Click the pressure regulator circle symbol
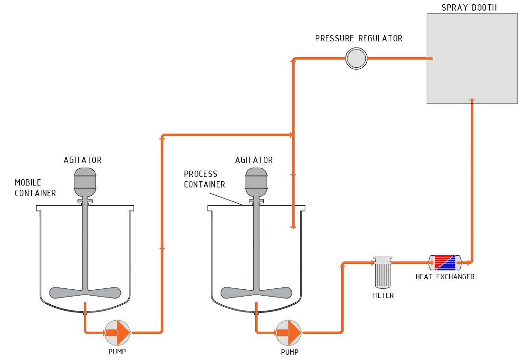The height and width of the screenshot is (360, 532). click(356, 58)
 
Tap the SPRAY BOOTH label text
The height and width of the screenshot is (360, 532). click(469, 8)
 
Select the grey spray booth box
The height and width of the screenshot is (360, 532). click(472, 58)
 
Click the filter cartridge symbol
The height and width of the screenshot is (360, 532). click(383, 273)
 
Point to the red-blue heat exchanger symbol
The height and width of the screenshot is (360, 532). click(445, 262)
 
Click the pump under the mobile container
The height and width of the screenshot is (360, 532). click(117, 333)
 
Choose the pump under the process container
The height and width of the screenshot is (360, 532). click(289, 333)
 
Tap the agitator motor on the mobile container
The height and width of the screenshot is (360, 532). click(85, 182)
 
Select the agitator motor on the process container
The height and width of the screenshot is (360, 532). click(256, 182)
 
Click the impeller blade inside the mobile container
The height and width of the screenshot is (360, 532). click(85, 293)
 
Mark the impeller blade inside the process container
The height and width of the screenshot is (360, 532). click(256, 293)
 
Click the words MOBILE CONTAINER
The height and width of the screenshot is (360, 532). click(35, 187)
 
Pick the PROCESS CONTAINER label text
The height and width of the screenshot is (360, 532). click(204, 179)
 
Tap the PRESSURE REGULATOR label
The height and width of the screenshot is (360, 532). click(359, 38)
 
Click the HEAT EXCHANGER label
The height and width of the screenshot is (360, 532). click(445, 277)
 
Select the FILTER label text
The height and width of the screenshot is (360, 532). click(383, 296)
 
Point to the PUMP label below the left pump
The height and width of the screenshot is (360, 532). click(117, 351)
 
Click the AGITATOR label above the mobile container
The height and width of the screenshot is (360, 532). click(83, 160)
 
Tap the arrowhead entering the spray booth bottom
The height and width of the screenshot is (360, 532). click(471, 100)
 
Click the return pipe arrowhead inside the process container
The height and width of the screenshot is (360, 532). click(293, 227)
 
